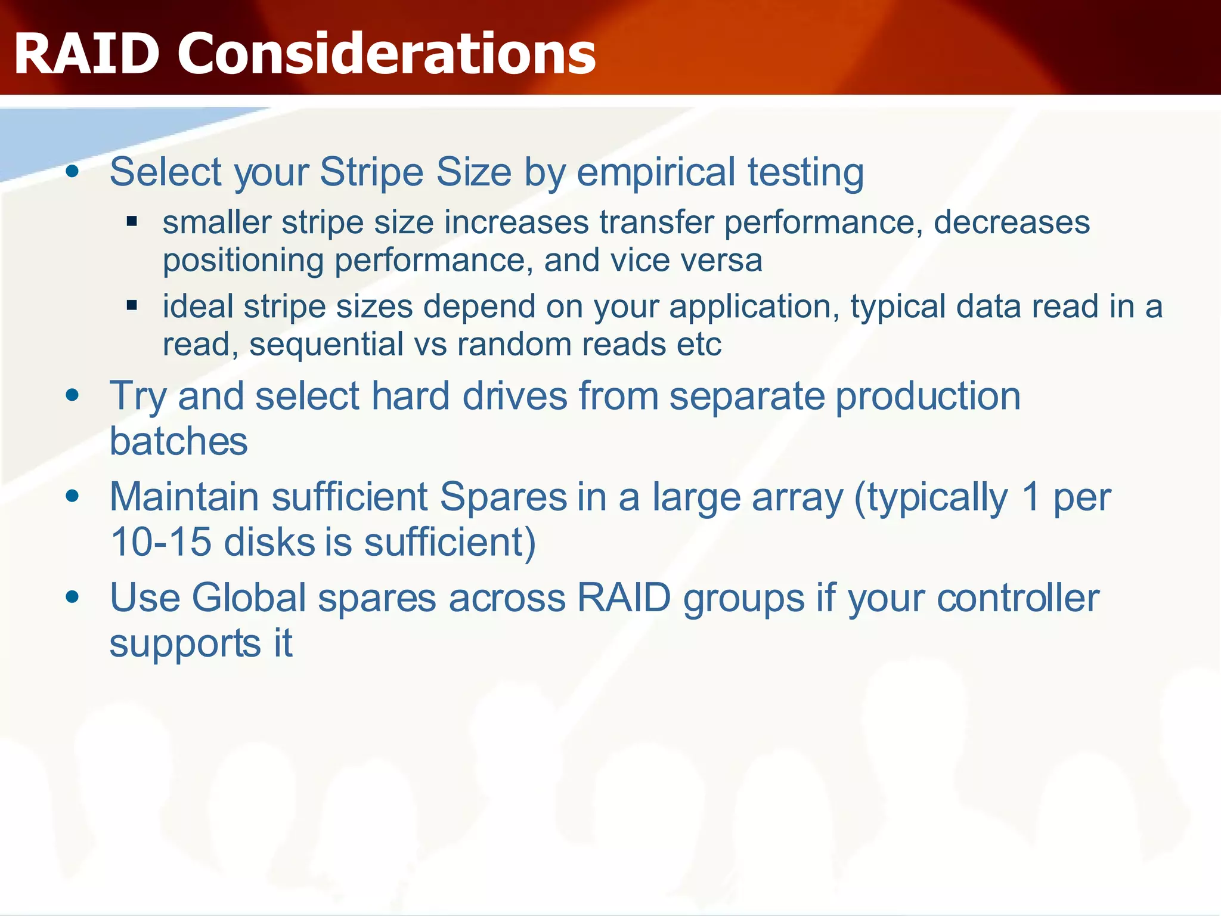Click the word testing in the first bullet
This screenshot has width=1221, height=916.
(x=805, y=173)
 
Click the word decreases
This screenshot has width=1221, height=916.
(x=1012, y=222)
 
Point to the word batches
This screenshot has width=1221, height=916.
(x=179, y=442)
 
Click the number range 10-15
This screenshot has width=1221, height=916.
(x=161, y=543)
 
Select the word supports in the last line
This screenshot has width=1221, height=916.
(x=185, y=644)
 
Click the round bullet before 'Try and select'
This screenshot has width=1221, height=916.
(x=73, y=396)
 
